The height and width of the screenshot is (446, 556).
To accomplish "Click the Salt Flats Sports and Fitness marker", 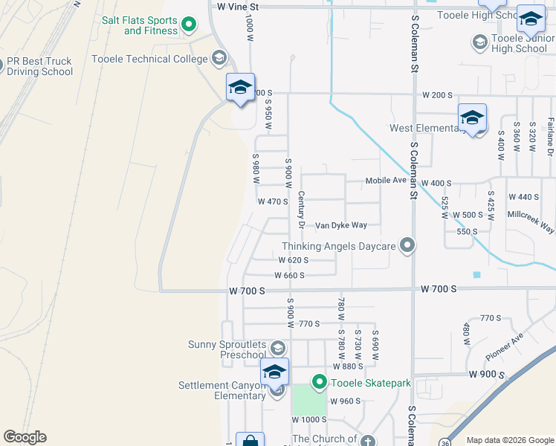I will click(x=189, y=25).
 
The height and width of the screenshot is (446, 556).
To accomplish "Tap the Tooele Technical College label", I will click(x=149, y=58).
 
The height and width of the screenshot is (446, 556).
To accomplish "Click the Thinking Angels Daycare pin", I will click(x=407, y=245).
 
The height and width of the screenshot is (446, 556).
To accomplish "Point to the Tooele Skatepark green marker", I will click(x=320, y=383).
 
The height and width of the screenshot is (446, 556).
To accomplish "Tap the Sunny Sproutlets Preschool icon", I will click(x=277, y=347).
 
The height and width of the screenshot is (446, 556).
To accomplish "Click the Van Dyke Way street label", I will click(x=340, y=225).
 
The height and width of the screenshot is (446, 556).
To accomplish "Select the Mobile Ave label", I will click(x=385, y=181).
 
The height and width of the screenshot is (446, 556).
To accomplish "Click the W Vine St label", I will click(x=237, y=6).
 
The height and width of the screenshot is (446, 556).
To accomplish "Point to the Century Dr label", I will click(x=301, y=208).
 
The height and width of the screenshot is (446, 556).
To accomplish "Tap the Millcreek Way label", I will click(x=531, y=222).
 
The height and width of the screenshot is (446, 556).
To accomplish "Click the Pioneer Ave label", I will click(x=505, y=342).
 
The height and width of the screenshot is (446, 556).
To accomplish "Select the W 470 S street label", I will click(x=272, y=201).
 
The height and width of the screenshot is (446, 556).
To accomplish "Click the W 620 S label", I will click(x=293, y=260).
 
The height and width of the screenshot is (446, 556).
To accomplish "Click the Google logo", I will click(x=25, y=437).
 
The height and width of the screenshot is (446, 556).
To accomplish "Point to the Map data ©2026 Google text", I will click(x=509, y=439).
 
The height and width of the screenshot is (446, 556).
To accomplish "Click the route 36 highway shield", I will click(x=445, y=442).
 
